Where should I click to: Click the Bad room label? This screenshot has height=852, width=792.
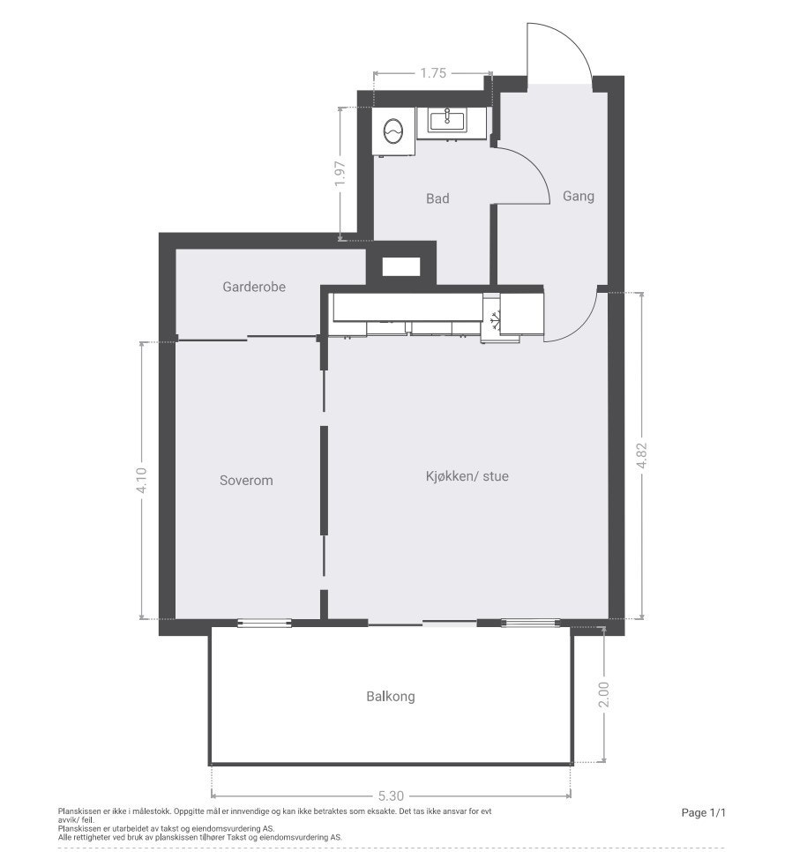tap(437, 198)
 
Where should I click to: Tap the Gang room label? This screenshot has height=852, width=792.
tap(579, 196)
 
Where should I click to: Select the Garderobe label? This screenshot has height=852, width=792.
tap(254, 287)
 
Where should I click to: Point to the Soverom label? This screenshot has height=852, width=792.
tap(246, 481)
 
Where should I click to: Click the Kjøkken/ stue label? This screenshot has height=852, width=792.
tap(467, 476)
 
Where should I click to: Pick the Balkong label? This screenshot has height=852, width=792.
tap(391, 696)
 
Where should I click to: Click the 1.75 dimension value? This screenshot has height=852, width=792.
tap(432, 73)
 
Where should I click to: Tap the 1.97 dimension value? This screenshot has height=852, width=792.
tap(341, 174)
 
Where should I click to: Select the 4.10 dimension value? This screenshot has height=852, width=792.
tap(141, 481)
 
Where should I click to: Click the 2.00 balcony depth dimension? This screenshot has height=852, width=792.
tap(603, 695)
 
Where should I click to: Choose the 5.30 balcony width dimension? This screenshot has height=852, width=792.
tap(391, 795)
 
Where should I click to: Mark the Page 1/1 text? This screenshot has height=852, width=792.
tap(703, 812)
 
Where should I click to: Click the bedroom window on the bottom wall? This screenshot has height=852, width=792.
tap(265, 624)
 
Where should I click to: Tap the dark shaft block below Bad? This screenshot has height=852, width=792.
tap(401, 266)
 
